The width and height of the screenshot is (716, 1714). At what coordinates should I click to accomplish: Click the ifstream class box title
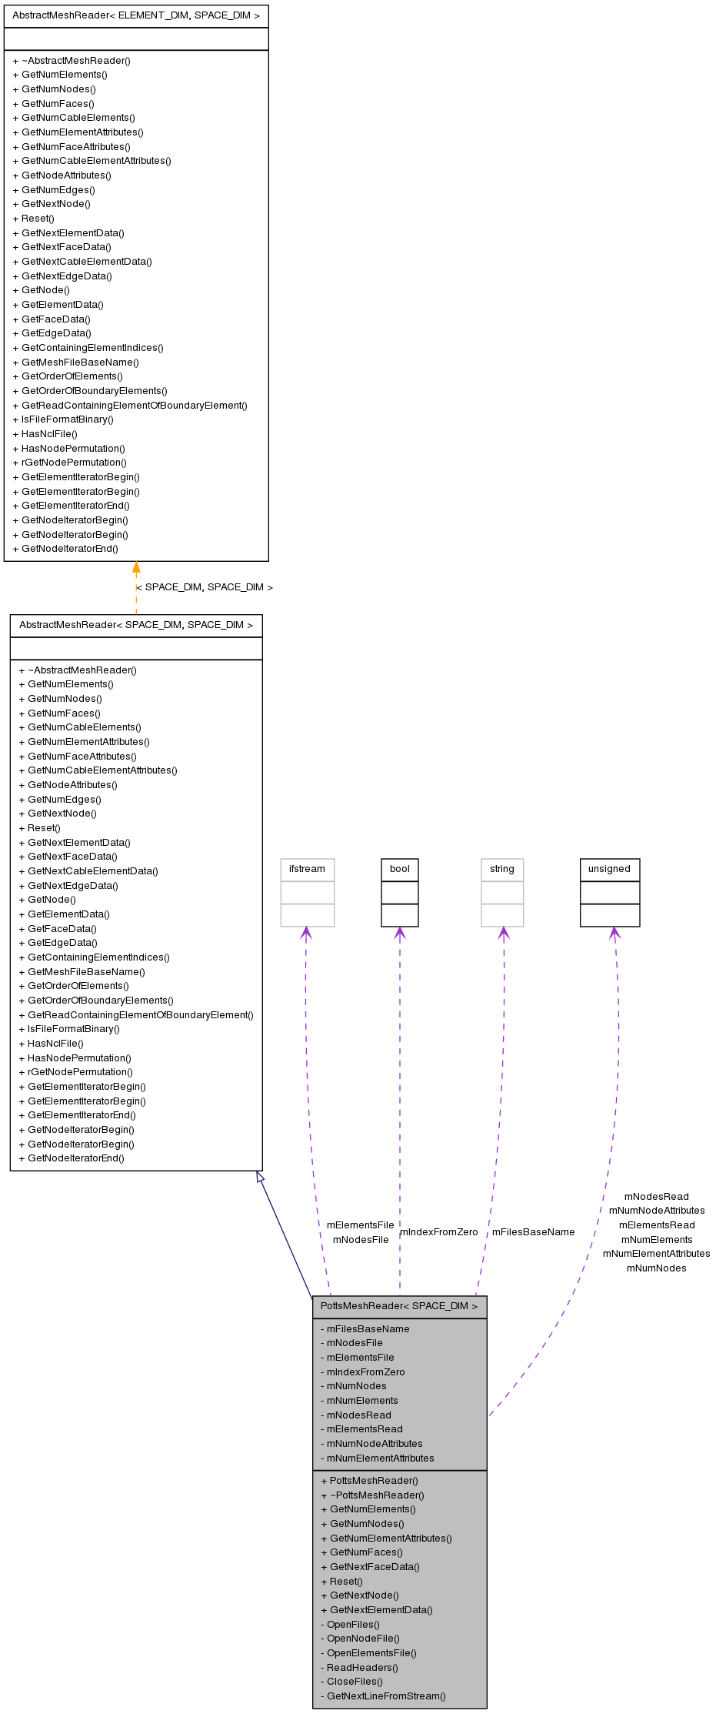307,869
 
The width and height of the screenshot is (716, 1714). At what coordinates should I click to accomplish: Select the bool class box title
400,869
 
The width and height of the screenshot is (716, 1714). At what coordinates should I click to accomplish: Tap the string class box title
502,869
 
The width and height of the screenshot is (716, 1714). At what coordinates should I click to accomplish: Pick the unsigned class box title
609,869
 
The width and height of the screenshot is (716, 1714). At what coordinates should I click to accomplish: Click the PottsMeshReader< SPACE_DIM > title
399,1306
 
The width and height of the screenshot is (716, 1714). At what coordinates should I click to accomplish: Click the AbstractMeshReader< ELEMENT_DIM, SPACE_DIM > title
136,15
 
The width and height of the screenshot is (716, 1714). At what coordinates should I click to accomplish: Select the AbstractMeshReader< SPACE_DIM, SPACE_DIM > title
136,625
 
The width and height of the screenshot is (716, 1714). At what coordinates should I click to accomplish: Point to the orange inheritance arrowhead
136,568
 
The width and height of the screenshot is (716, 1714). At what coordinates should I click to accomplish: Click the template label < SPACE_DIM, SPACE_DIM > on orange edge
205,587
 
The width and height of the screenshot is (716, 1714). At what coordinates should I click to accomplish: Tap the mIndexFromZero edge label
439,1232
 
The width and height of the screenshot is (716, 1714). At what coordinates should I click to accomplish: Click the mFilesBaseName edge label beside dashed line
533,1232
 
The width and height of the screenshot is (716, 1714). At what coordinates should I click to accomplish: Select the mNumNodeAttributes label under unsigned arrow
656,1211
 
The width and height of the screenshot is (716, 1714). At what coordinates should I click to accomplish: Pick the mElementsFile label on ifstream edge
360,1225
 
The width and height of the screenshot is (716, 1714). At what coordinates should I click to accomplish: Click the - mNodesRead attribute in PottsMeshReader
358,1415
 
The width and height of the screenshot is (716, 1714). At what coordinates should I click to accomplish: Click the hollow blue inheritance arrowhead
260,1177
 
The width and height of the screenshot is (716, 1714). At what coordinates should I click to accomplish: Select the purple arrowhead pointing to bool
399,933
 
